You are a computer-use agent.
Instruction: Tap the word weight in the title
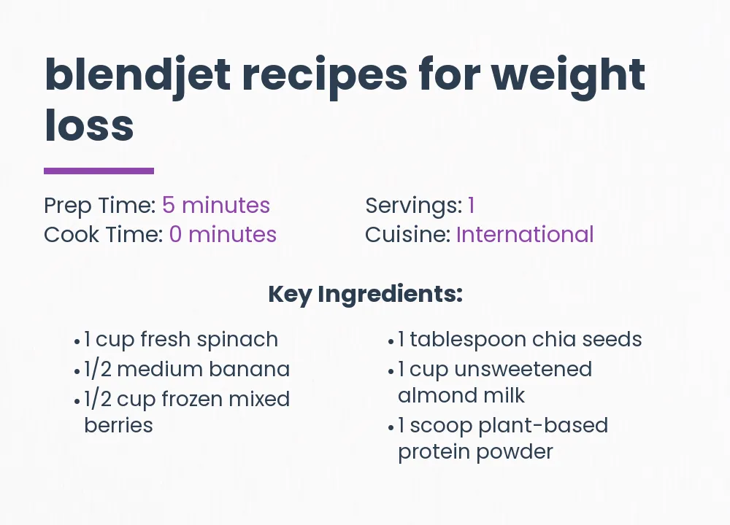(x=569, y=74)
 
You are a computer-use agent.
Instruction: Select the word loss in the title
(x=89, y=125)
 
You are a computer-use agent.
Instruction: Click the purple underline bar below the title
(x=99, y=171)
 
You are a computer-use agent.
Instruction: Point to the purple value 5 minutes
(x=216, y=206)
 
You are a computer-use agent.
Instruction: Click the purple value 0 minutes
(x=223, y=235)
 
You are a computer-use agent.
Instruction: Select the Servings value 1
(x=472, y=206)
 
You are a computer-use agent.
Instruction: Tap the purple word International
(x=525, y=235)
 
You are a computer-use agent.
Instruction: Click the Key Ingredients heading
(x=365, y=295)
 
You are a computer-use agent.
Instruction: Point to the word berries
(x=118, y=425)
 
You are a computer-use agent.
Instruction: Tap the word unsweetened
(x=523, y=370)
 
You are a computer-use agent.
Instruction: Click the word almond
(x=431, y=396)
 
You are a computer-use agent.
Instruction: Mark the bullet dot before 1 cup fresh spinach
(x=77, y=341)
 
